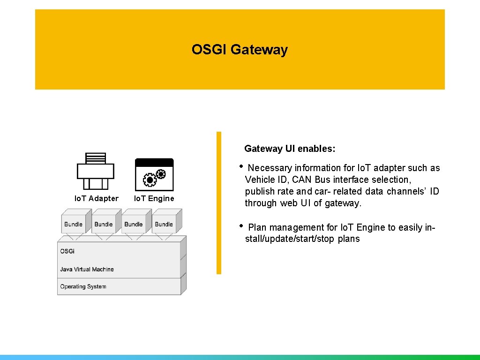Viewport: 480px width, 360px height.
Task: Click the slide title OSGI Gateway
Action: [240, 50]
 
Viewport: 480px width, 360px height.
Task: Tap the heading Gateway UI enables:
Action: [290, 149]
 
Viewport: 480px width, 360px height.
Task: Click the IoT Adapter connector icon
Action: [96, 171]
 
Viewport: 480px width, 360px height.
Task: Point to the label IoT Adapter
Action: [97, 198]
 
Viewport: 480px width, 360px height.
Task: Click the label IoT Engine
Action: [154, 198]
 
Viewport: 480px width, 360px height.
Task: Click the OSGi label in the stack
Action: [67, 251]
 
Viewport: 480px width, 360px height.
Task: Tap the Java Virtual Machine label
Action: [87, 270]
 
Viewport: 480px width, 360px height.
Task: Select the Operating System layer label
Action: [83, 286]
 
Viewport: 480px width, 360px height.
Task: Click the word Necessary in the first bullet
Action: [270, 168]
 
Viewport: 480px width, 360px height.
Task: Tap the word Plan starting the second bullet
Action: [257, 227]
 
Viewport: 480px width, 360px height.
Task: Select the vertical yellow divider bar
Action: [218, 202]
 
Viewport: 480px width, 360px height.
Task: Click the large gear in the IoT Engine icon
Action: [150, 180]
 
